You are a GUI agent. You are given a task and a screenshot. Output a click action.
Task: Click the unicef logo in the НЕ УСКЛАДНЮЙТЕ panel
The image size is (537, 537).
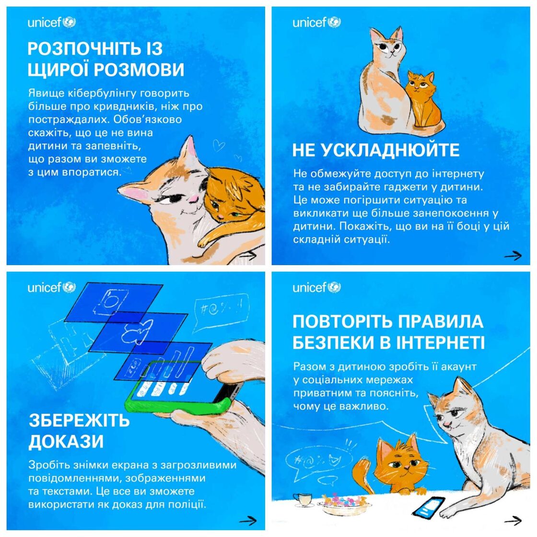316,22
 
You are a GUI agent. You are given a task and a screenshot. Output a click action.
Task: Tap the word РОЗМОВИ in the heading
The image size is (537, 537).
139,70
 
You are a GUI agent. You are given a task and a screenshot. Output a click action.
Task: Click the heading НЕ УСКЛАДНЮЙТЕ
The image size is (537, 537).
375,150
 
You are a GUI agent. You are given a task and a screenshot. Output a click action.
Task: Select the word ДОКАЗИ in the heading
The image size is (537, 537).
66,442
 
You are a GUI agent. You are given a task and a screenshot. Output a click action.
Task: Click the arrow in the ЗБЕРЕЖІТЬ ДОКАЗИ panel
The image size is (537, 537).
248,521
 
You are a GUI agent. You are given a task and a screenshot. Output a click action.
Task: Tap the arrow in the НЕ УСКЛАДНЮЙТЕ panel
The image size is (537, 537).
513,256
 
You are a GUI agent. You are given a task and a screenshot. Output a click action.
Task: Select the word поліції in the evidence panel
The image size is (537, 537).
188,504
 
